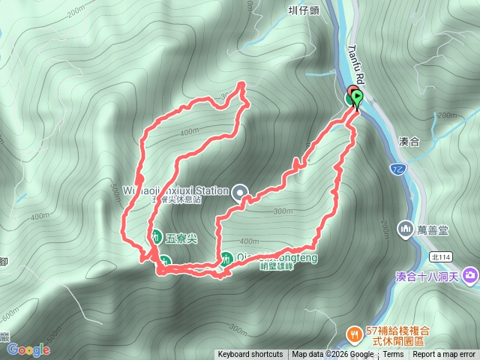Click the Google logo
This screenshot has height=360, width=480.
tap(29, 349)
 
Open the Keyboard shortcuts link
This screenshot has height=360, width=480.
tap(250, 355)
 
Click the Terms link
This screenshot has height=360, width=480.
tap(393, 355)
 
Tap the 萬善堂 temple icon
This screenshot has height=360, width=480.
tap(406, 226)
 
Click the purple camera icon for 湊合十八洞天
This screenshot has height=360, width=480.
tap(470, 275)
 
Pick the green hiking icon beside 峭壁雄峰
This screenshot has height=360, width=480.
tap(226, 258)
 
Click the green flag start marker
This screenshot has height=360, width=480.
tap(357, 98)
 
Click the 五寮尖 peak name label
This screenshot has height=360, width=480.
tap(181, 238)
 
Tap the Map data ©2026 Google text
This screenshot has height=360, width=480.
tap(333, 355)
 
